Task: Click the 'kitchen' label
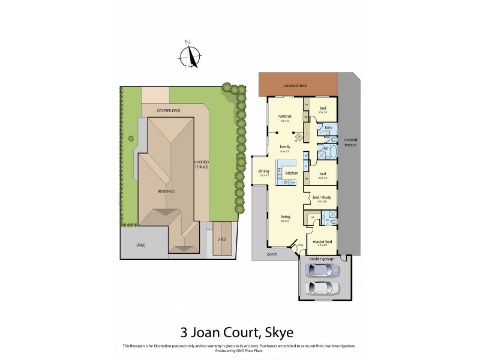click(292, 173)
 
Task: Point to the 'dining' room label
click(264, 171)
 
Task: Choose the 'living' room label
click(286, 217)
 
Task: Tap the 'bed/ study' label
click(319, 197)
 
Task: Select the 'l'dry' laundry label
click(328, 127)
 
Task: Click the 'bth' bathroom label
click(326, 148)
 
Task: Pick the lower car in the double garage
click(322, 288)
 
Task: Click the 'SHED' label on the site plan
click(221, 239)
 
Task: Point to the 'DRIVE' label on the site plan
click(140, 245)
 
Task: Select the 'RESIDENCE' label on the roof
click(166, 191)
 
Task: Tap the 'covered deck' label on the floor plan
click(295, 86)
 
